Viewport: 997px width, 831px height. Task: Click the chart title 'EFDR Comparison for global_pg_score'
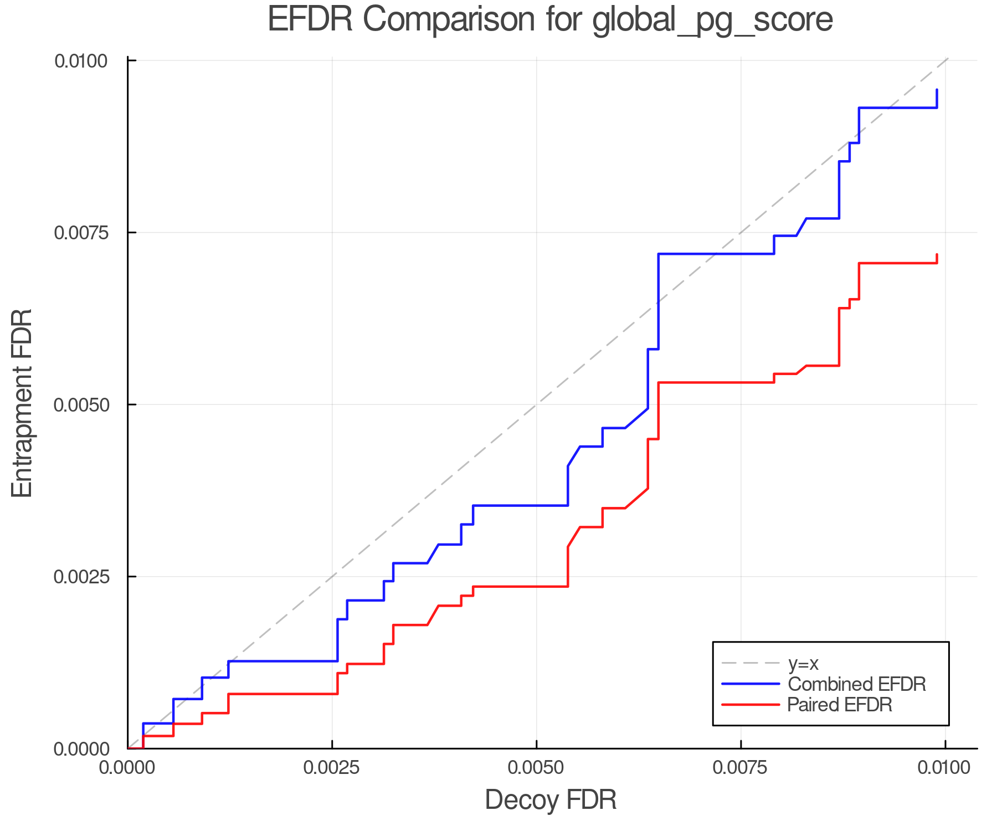click(550, 20)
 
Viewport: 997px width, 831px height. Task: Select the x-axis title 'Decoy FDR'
click(550, 800)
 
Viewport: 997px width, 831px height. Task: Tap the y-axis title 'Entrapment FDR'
click(22, 404)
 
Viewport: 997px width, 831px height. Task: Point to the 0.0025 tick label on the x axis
click(332, 767)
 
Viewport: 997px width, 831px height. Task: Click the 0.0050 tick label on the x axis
click(536, 767)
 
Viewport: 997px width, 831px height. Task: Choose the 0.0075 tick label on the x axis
click(741, 767)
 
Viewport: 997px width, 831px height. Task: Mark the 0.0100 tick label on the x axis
click(945, 767)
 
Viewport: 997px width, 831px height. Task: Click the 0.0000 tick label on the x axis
click(127, 767)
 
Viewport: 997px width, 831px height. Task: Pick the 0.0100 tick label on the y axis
click(80, 60)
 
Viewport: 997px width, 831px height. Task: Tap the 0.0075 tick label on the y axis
click(80, 232)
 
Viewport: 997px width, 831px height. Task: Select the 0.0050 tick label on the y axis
click(80, 404)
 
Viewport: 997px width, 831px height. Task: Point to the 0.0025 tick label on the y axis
click(80, 576)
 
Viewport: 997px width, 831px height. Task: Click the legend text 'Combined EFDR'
click(856, 684)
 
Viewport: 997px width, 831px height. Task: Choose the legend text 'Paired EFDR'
click(840, 705)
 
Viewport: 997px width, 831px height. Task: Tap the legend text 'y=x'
click(803, 663)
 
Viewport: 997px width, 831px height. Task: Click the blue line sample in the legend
click(751, 684)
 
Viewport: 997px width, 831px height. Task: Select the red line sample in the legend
click(751, 705)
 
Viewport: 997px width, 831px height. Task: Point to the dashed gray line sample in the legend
click(751, 663)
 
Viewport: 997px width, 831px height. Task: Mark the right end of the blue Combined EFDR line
click(937, 90)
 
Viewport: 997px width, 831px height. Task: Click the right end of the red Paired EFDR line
click(937, 255)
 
